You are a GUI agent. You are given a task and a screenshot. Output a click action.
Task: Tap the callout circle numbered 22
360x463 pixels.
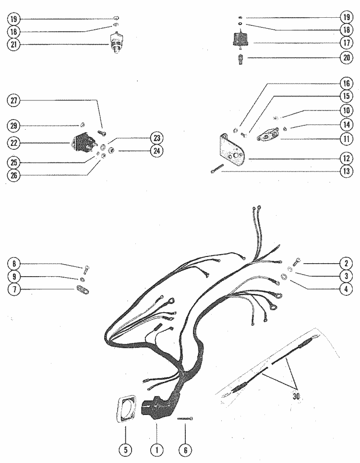(14, 143)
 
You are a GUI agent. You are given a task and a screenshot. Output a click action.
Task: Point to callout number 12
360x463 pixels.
(345, 158)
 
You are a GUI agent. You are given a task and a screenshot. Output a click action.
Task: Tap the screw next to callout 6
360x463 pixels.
(185, 418)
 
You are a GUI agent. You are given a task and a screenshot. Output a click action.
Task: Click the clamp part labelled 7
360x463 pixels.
(83, 290)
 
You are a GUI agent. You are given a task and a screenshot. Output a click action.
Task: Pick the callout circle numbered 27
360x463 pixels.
(14, 100)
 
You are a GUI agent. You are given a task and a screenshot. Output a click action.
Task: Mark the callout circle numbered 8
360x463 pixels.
(14, 264)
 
